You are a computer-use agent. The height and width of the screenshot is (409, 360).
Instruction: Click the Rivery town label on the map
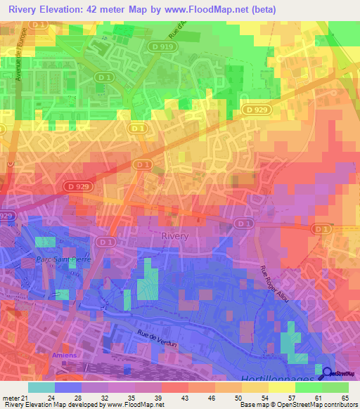(x=175, y=237)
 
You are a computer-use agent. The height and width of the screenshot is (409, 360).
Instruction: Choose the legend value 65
(x=346, y=397)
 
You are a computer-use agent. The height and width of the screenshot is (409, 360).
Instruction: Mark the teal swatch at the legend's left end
(x=41, y=387)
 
